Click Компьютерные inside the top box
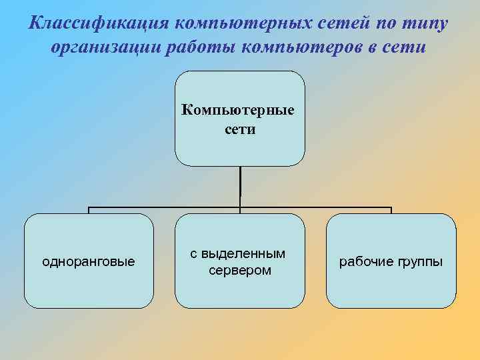click(240, 109)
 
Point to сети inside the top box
click(240, 129)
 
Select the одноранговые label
click(89, 262)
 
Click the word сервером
click(240, 271)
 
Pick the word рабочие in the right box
click(365, 262)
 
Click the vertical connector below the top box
click(240, 187)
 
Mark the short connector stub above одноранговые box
click(89, 210)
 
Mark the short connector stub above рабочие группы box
click(391, 210)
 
